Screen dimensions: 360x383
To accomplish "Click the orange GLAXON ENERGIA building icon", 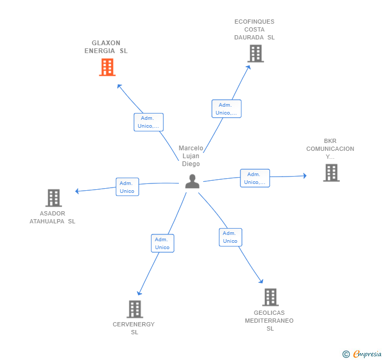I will (107, 67).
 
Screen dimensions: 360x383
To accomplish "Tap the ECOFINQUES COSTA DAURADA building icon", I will (255, 54).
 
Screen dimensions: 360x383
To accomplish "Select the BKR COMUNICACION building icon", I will (331, 173).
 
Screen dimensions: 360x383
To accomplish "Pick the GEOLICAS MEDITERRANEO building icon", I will (270, 297).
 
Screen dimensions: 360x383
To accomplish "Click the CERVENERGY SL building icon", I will (135, 309).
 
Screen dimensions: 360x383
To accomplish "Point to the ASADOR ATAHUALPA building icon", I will (54, 198).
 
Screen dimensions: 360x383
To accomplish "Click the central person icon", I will (193, 181).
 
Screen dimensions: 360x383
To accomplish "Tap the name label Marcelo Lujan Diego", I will (191, 156).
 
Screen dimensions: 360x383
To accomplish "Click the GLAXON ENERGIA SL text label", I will (106, 47).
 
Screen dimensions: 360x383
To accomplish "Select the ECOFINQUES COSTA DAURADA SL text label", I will (255, 29).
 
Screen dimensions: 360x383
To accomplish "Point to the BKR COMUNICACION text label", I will (330, 149).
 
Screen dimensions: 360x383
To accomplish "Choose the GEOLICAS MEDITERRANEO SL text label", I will (269, 321).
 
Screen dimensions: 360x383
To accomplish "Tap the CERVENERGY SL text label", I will (134, 328).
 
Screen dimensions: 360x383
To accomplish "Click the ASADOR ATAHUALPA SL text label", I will (53, 218).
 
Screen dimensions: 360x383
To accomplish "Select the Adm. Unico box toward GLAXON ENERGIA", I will (148, 122).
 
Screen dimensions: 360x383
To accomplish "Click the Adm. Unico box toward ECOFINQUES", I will (226, 109).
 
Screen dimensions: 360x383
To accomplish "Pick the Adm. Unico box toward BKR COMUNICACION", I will (255, 178).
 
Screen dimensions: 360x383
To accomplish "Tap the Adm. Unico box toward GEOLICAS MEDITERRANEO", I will (230, 237).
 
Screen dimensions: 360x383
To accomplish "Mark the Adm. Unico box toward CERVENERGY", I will (162, 243).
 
